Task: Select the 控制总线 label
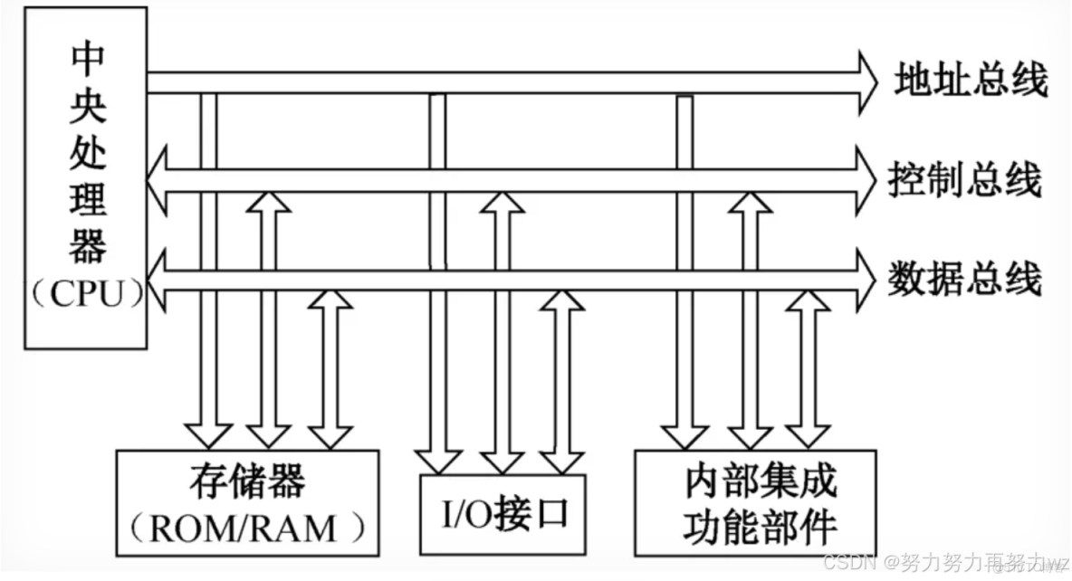click(x=967, y=180)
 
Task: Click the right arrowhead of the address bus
click(x=865, y=81)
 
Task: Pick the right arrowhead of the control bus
click(x=865, y=180)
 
